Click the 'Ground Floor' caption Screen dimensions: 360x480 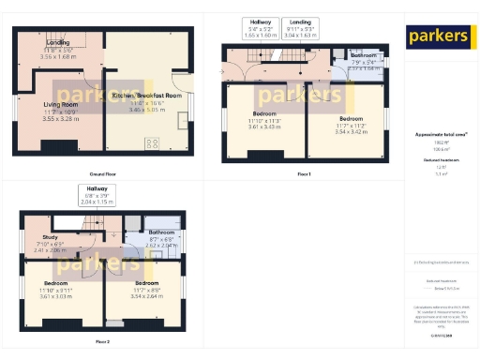(103, 174)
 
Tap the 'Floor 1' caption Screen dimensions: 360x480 (303, 174)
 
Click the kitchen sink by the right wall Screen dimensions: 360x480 (181, 120)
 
